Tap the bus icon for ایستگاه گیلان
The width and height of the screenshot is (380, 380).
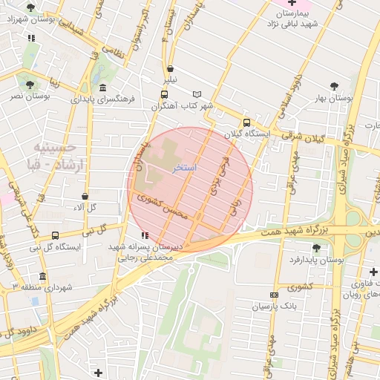[x=246, y=123]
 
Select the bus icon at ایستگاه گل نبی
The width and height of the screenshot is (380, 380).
[x=56, y=236]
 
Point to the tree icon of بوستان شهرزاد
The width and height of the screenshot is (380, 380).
[x=30, y=7]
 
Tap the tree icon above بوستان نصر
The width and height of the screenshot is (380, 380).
[x=30, y=85]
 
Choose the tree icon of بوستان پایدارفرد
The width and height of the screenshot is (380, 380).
[x=316, y=248]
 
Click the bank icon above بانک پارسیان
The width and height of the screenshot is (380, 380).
[x=274, y=295]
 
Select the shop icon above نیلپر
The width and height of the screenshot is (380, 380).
[x=171, y=68]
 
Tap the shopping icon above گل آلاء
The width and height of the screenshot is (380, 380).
[x=85, y=196]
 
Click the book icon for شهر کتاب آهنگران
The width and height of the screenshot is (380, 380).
[x=197, y=94]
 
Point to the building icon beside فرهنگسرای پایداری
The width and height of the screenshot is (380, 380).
[x=102, y=88]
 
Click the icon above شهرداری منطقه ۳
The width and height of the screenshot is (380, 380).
[x=42, y=276]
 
